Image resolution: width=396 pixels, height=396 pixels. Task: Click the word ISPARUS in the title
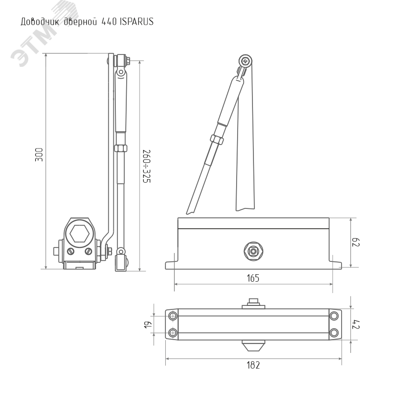click(x=137, y=21)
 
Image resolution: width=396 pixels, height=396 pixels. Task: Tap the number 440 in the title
click(x=109, y=22)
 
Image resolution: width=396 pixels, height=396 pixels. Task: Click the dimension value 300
click(x=39, y=154)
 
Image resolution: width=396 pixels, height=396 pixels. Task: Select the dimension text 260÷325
click(x=147, y=166)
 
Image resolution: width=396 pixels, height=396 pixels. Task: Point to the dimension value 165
click(x=253, y=278)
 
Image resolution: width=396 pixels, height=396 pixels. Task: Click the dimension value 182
click(x=253, y=365)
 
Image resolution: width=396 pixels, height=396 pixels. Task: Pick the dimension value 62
click(x=355, y=242)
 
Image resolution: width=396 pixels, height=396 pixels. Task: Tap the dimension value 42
click(x=355, y=325)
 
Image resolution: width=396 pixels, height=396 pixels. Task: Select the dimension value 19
click(x=148, y=325)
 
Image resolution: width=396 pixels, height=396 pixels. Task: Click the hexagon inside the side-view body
click(x=79, y=234)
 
